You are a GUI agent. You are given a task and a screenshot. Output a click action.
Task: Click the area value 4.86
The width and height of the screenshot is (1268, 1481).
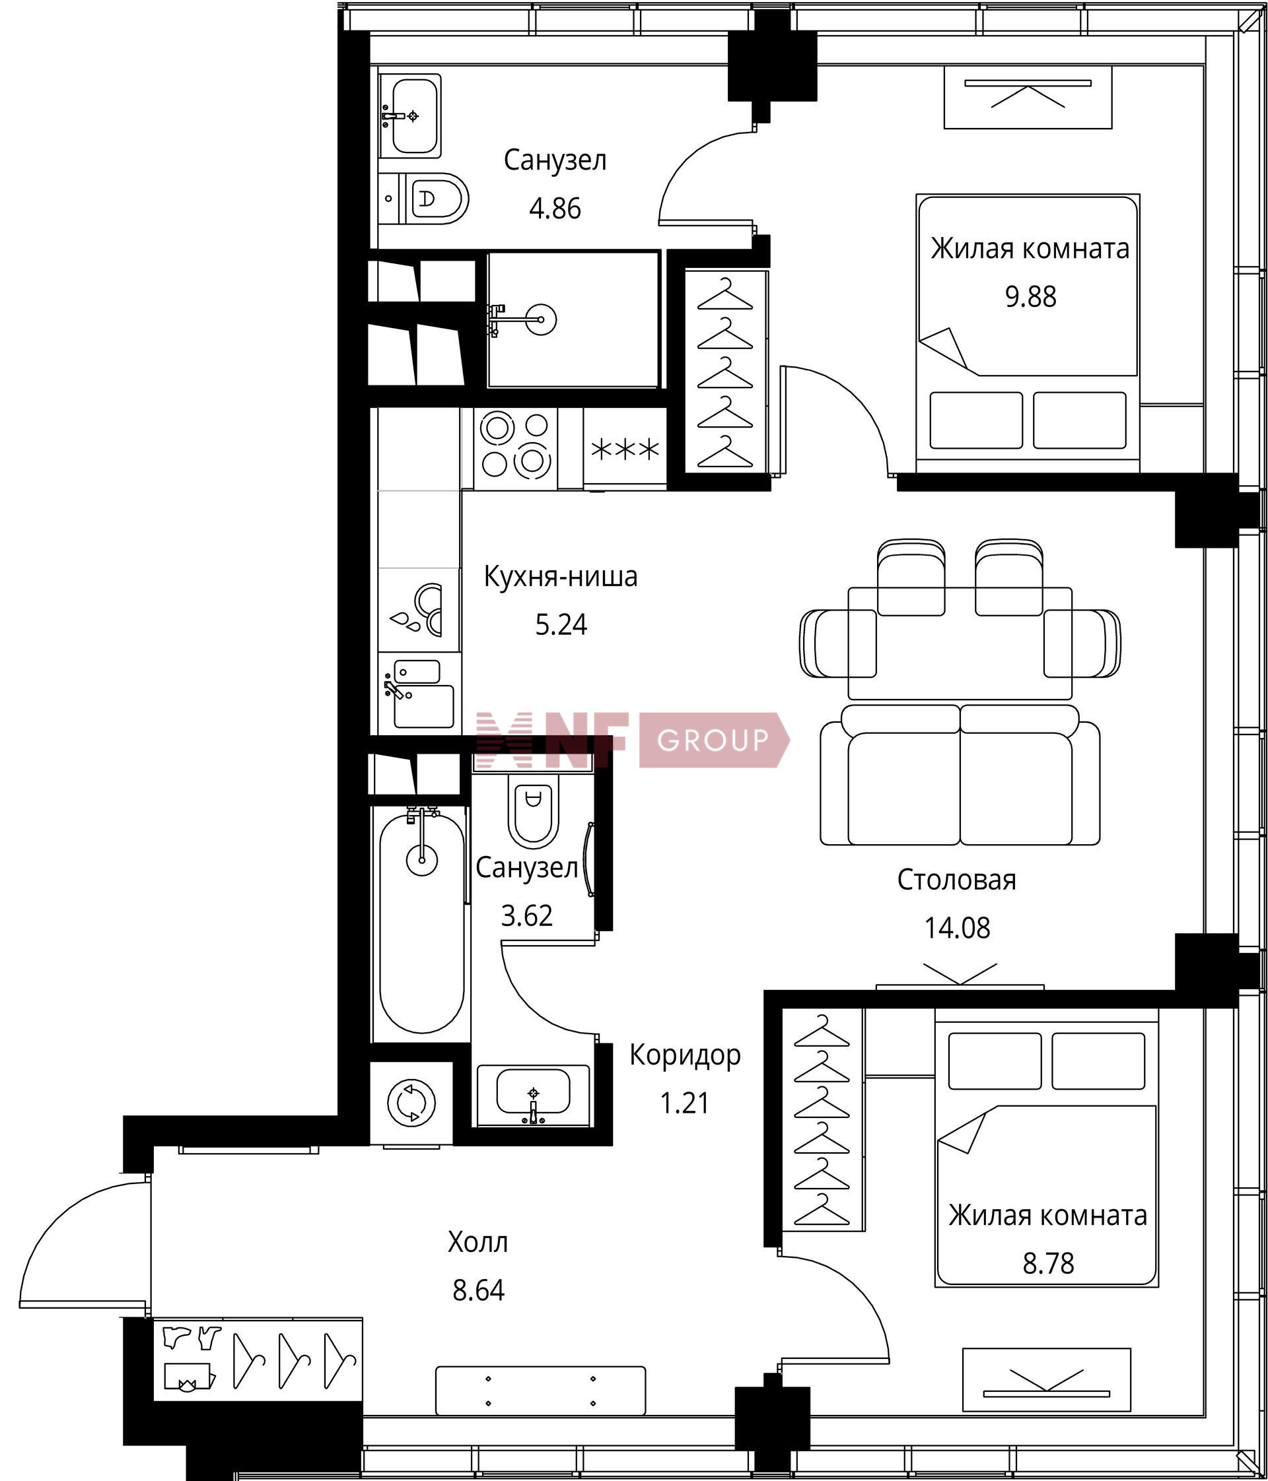point(555,209)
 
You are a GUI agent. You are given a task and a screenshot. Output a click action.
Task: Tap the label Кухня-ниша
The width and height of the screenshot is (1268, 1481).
point(561,577)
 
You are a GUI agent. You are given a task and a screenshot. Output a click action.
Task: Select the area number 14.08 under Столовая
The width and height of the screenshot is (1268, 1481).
point(957,928)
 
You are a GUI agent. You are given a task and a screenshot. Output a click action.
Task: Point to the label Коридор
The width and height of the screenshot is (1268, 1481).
point(685,1055)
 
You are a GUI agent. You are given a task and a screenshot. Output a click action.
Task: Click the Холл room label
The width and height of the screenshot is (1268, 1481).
point(477,1242)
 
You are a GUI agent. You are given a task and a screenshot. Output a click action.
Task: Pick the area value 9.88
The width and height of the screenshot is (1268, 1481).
point(1030,296)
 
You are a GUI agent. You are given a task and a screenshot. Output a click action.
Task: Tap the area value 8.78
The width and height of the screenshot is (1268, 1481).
point(1049,1263)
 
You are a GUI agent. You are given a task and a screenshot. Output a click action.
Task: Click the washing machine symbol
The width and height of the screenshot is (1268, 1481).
point(411,1103)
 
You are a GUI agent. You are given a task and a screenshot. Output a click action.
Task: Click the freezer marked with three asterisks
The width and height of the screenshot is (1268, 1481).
point(625,449)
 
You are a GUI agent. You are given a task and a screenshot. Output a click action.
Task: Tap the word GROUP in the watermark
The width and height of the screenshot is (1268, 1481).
point(713,740)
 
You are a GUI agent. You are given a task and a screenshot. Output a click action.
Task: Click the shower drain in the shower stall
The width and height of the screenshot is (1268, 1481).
point(540,319)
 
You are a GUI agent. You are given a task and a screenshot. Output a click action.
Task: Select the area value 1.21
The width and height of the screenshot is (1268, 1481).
point(685,1103)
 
